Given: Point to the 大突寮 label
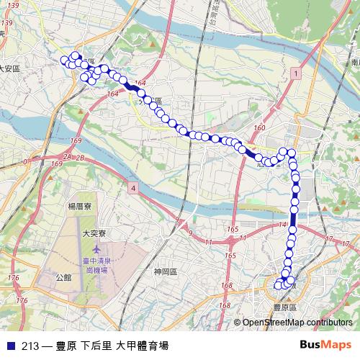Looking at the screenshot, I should pos(94,233).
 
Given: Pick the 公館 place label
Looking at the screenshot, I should pos(64,276).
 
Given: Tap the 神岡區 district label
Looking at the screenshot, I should pos(166,271).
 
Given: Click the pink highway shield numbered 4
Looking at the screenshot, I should pos(134,188).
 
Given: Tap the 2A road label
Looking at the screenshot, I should pos(68,156).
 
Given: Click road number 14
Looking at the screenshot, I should pos(282,225).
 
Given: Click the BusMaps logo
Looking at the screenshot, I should pos(330,345).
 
